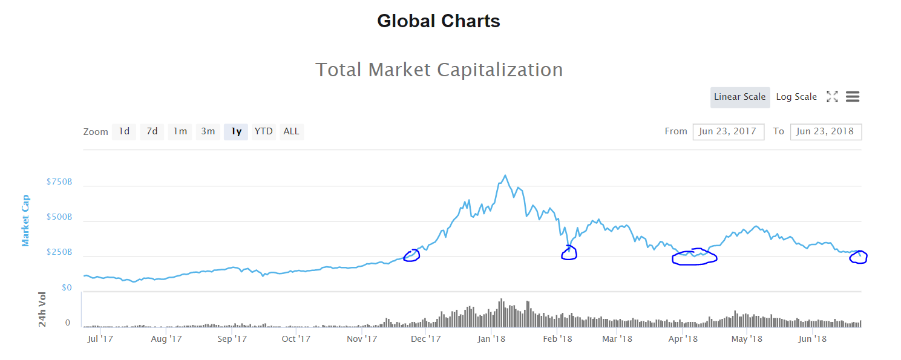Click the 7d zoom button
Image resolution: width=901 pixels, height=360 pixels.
point(152,131)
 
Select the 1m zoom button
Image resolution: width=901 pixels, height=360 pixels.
point(180,131)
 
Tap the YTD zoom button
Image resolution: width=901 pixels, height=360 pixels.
point(263,131)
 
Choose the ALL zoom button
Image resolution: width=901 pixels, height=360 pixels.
point(291,131)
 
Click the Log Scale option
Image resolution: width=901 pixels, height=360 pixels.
point(796,97)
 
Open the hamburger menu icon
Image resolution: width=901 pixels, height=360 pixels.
point(853,97)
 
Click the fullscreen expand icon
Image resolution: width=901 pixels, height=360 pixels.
point(832,97)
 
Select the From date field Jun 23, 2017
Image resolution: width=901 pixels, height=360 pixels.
point(728,131)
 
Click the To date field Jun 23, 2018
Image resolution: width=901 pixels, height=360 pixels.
point(825,131)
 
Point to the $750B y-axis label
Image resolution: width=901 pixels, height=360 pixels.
point(59,182)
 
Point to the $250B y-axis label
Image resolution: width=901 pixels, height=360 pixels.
point(59,252)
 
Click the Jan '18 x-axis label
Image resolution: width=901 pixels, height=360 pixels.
point(491,339)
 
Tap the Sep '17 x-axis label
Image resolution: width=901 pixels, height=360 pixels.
point(232,339)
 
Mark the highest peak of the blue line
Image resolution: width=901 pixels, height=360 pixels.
point(505,176)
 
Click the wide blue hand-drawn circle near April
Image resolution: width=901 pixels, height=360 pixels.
point(695,258)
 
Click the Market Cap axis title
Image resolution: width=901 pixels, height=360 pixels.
point(26,220)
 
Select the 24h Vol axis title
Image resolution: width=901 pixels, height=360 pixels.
point(42,309)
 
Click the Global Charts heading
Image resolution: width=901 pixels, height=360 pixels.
point(438,21)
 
